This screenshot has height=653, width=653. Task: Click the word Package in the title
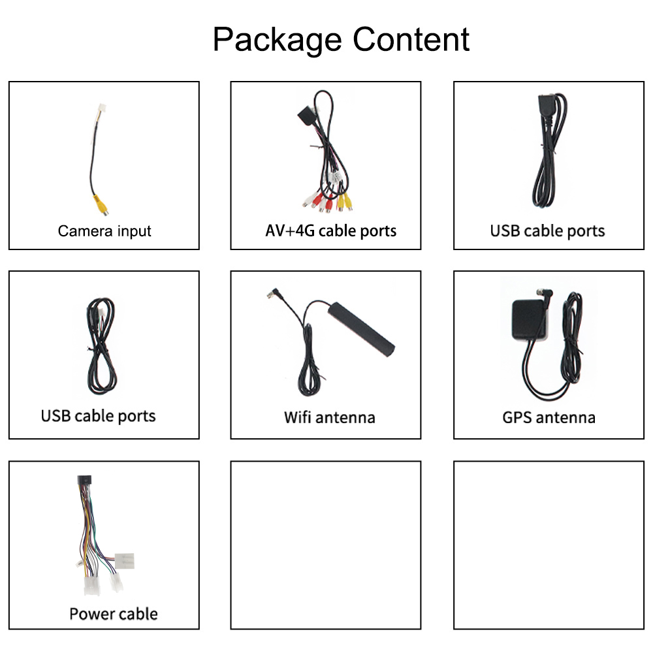[278, 40]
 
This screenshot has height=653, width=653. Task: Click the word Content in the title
[411, 39]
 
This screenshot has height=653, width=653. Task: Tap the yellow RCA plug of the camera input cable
[101, 204]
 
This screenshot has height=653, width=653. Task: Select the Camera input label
[104, 231]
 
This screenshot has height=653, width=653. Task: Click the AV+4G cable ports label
[330, 231]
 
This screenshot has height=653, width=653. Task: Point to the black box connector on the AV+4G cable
[306, 116]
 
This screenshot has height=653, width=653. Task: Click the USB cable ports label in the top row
[547, 231]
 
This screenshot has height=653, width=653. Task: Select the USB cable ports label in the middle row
[99, 416]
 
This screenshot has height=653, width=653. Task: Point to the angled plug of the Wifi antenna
[274, 293]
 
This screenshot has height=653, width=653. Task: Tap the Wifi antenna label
[329, 417]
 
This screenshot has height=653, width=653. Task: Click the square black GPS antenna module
[530, 320]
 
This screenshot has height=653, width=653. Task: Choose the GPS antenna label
[549, 418]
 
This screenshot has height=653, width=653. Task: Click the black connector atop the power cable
[84, 480]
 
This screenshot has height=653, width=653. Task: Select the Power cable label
[114, 614]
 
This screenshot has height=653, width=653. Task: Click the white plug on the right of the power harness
[125, 560]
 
